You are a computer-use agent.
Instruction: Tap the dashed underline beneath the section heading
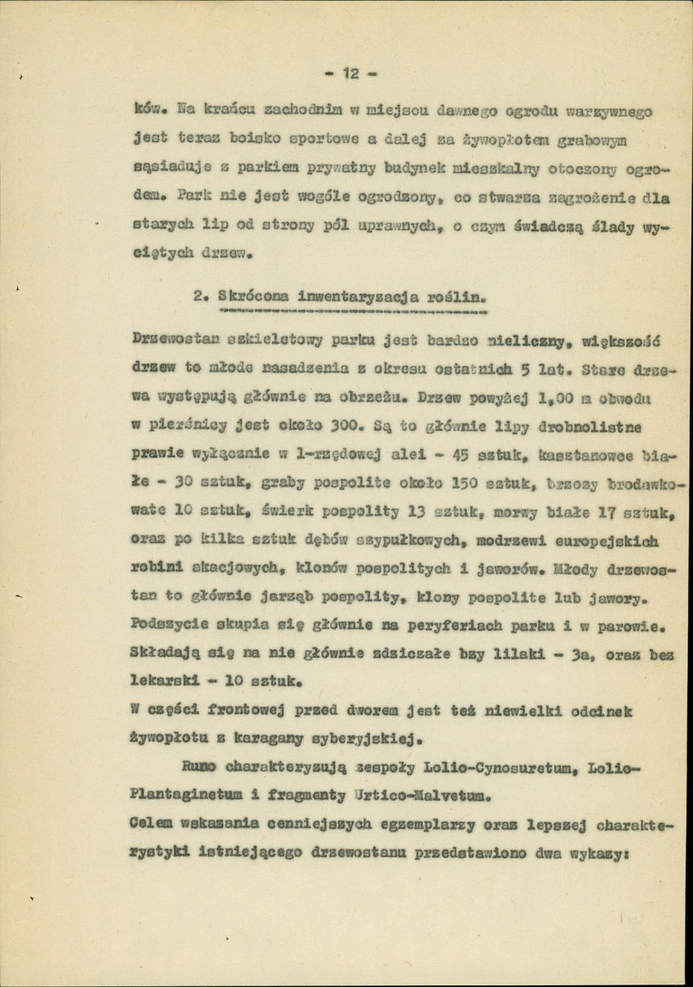pyautogui.click(x=351, y=313)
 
